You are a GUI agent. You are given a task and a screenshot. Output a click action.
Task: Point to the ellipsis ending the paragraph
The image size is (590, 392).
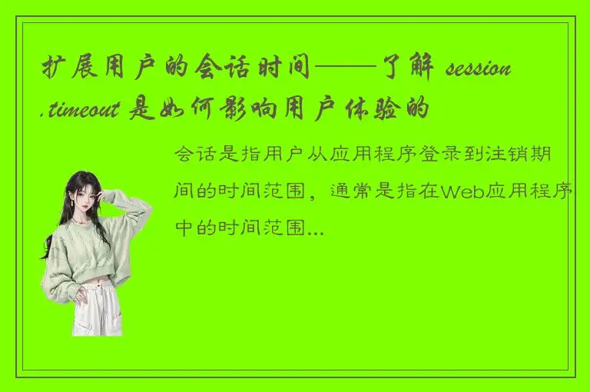[x=314, y=229]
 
